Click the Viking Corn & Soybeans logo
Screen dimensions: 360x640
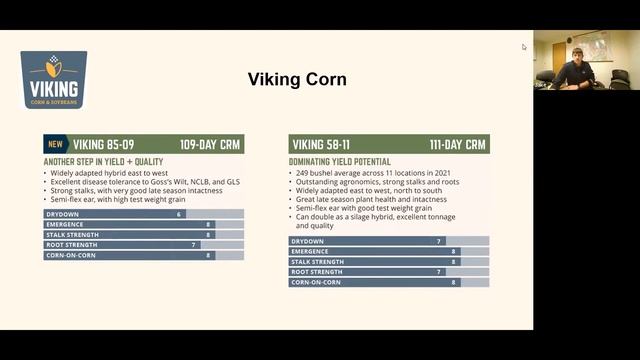53,79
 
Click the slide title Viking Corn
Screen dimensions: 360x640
297,79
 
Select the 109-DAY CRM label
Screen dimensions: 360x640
210,144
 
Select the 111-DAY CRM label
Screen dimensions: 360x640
458,144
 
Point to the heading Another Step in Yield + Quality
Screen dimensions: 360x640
103,161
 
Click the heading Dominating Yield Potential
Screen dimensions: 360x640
340,161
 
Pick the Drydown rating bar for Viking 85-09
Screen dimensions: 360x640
143,214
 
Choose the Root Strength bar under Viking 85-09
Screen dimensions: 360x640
143,245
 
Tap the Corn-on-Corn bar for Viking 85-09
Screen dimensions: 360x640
143,255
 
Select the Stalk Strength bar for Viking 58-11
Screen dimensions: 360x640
389,262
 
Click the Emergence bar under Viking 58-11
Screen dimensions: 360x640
389,251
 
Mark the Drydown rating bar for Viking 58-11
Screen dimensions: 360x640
389,241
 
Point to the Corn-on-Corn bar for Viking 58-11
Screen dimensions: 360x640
389,282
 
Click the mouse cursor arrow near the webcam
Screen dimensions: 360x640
523,46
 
